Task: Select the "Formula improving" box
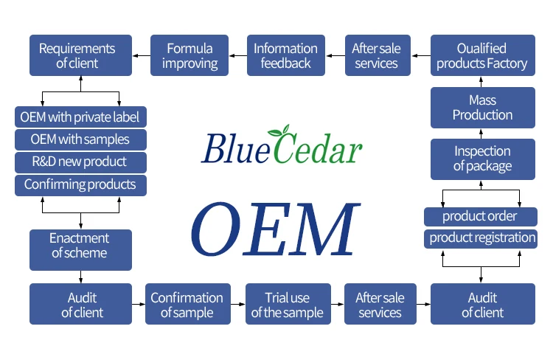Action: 189,55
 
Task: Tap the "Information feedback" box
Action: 285,55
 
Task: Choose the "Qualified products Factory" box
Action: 482,55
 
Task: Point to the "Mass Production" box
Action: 482,107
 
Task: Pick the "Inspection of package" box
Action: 482,159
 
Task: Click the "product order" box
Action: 480,216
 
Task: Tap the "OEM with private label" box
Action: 80,117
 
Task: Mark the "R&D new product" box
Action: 80,162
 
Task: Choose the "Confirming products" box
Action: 80,184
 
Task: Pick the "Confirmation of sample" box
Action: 187,304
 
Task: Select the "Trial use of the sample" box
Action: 287,304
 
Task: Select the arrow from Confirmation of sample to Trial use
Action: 236,303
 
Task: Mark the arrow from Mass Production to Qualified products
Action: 482,81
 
